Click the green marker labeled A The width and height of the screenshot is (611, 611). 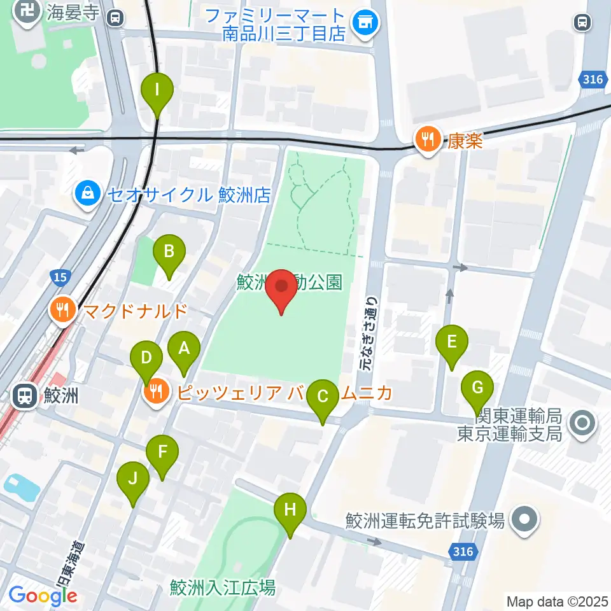coord(184,349)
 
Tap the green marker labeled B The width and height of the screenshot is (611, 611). coord(169,252)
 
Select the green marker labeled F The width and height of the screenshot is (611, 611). coord(162,453)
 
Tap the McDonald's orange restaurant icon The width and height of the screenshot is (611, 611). coord(62,311)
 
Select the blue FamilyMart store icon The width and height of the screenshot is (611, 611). coord(366,24)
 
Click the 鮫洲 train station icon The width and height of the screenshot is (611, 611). coord(25,396)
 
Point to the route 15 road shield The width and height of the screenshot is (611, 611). coord(59,277)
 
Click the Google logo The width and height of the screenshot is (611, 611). coord(43,596)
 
